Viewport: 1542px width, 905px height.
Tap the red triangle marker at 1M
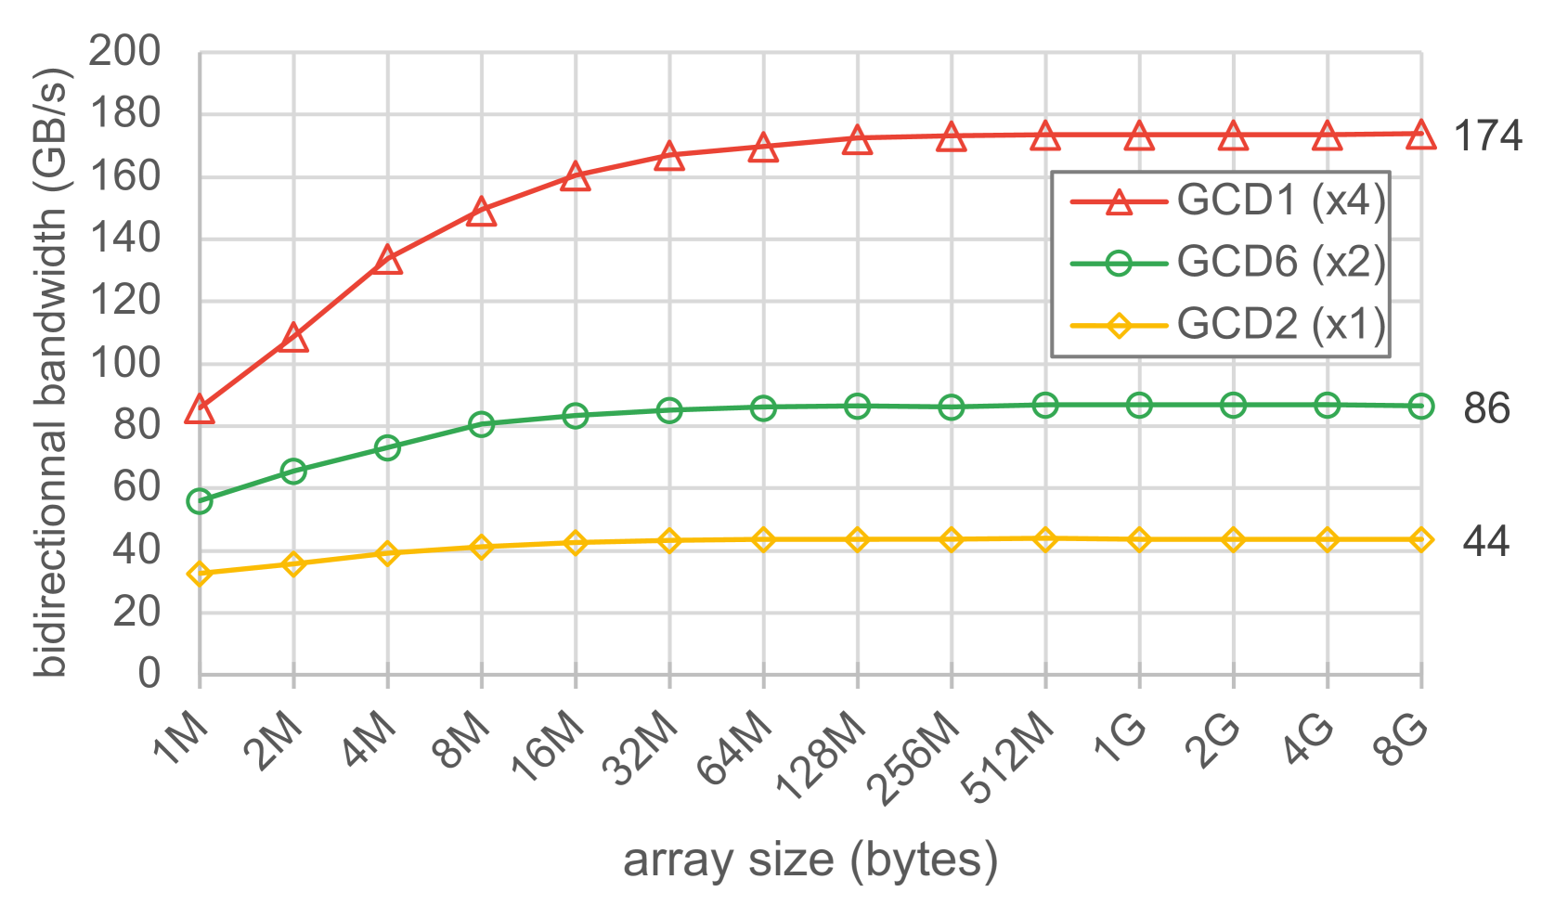[x=200, y=409]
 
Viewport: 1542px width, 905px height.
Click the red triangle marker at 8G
[x=1420, y=135]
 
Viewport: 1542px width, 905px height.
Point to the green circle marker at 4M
[x=387, y=447]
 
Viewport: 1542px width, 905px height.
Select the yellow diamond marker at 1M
[x=200, y=574]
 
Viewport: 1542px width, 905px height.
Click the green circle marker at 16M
[x=576, y=415]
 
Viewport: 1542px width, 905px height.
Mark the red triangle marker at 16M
[x=576, y=176]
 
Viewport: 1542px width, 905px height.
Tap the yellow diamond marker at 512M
[x=1045, y=539]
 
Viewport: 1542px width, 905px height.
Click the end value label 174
[x=1487, y=137]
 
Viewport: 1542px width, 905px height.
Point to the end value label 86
[x=1486, y=408]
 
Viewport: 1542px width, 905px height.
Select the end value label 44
[x=1485, y=541]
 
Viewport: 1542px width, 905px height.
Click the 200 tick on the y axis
[x=125, y=52]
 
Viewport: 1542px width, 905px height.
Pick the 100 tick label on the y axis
[x=125, y=363]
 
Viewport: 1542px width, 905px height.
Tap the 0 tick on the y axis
[x=149, y=674]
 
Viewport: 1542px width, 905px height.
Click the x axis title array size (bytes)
[x=810, y=860]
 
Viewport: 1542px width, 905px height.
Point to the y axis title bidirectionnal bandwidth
[x=50, y=371]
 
